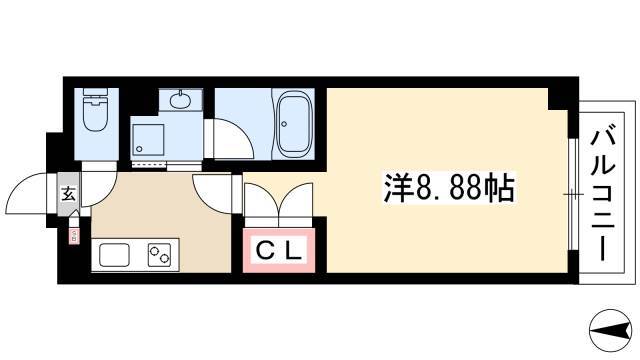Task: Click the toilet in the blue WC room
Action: click(96, 109)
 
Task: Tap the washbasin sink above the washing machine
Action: click(180, 100)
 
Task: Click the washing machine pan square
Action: click(147, 140)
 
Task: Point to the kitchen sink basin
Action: click(115, 255)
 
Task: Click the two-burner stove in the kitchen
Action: click(159, 255)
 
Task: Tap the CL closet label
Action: click(279, 251)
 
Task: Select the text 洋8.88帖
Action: click(449, 188)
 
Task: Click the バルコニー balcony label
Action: click(602, 195)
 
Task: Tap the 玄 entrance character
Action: click(68, 194)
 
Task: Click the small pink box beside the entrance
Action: click(74, 236)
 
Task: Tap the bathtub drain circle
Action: click(284, 124)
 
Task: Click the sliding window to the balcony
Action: click(573, 194)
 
